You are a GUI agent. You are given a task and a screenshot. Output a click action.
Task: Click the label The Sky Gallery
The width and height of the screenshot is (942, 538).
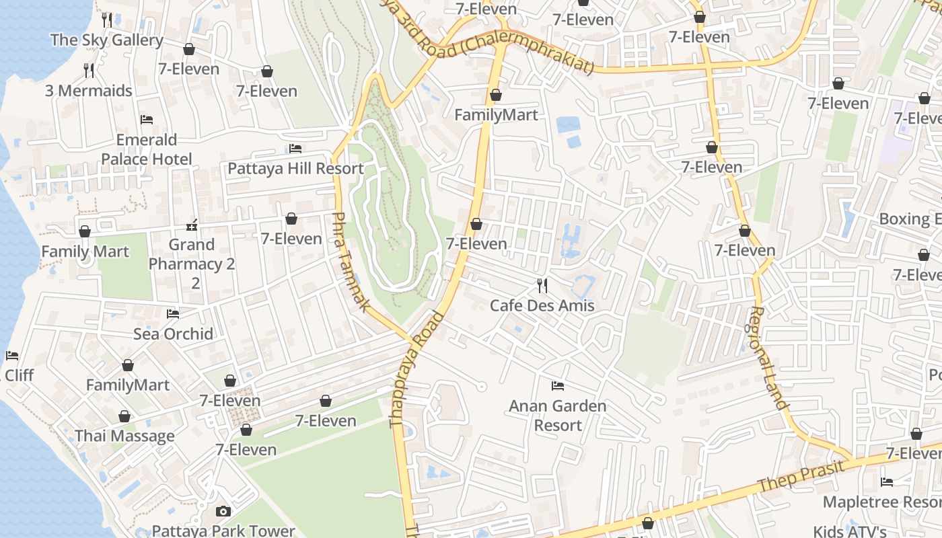pos(106,40)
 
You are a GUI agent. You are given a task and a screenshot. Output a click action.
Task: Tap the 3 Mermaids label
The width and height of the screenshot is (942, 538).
pos(88,91)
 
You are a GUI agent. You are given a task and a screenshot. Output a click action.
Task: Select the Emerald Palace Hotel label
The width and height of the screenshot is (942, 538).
pos(147,149)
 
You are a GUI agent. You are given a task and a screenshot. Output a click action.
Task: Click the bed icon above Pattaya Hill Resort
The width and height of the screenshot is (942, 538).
pos(295,149)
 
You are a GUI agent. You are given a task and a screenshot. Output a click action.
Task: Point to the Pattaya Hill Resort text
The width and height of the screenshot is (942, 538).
pos(295,168)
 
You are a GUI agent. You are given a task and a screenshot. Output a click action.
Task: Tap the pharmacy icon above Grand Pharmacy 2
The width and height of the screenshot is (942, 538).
pos(192,225)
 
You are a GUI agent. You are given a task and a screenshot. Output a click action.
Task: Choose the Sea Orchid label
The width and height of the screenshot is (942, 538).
pos(173,334)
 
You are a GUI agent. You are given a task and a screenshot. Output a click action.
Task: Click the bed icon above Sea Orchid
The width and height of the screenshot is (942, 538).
pos(173,313)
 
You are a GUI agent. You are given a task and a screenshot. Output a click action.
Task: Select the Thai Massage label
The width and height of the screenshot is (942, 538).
pos(124,436)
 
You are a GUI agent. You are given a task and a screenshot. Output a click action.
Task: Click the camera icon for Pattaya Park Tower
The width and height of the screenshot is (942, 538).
pos(223,512)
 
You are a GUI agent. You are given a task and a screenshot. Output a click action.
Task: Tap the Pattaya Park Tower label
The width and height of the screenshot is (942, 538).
pos(223,531)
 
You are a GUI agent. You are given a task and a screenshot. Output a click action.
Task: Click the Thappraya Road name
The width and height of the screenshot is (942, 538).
pos(417,370)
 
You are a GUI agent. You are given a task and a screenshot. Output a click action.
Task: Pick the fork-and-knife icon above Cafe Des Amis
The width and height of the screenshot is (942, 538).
pos(542,286)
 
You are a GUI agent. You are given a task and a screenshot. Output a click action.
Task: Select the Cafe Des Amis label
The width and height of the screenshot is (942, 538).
pos(542,305)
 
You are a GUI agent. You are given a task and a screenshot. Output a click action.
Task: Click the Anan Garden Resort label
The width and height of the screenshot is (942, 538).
pos(558,416)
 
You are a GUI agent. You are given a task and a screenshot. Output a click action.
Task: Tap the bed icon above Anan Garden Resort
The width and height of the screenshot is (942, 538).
pos(558,386)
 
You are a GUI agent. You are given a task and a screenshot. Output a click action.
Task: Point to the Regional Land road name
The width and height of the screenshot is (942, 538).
pos(768,358)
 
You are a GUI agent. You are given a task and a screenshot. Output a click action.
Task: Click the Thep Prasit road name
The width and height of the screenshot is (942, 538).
pos(800,477)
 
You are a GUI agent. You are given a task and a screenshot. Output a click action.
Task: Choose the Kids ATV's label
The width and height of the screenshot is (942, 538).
pos(849,531)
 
